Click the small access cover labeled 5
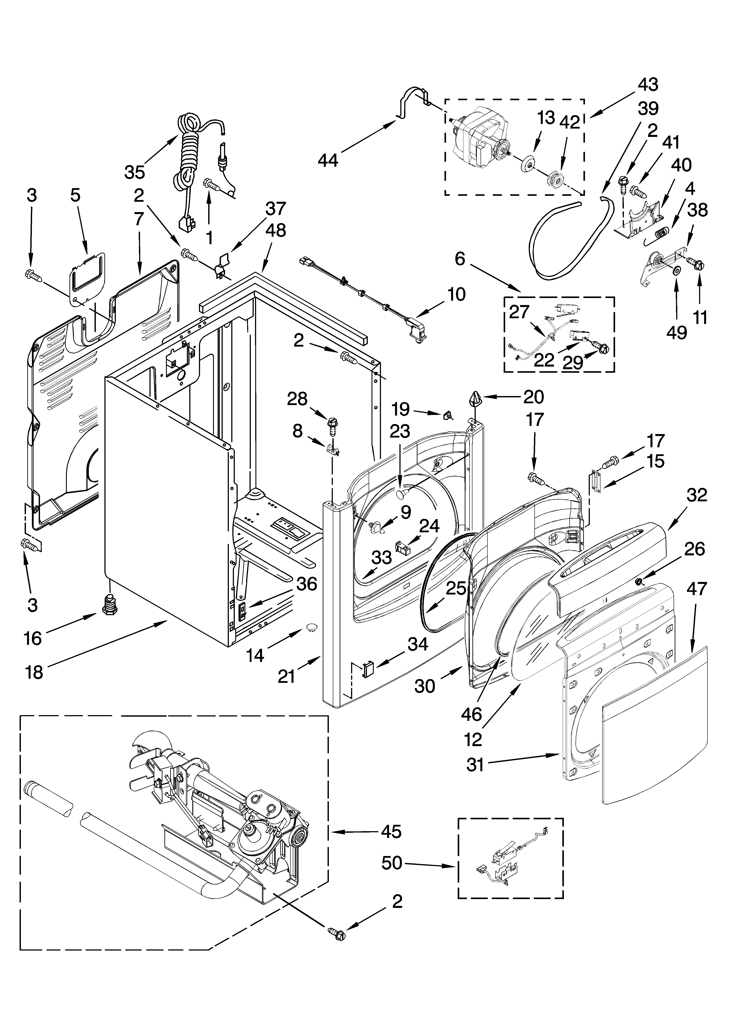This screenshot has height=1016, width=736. pyautogui.click(x=87, y=276)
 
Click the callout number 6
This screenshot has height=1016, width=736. pyautogui.click(x=460, y=259)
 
